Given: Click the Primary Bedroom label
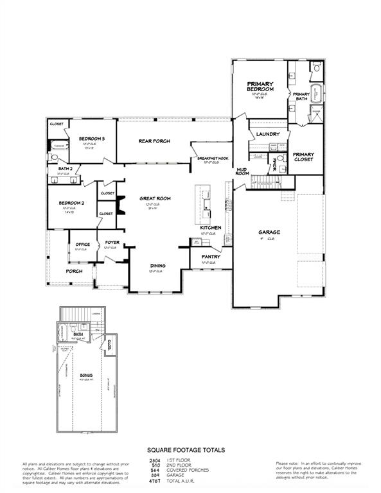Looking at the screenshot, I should pos(261,87).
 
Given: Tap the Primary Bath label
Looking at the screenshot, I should pos(301,97).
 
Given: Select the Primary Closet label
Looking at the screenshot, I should pos(303,157).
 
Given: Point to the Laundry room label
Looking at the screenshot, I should pos(267,134).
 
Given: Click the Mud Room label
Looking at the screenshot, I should pos(242,171).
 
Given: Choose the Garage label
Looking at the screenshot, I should pos(269,232).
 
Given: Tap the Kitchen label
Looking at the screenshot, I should pos(211,228).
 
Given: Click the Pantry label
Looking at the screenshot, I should pos(211,257).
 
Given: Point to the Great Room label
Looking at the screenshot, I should pos(155,199).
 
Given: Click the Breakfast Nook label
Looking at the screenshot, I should pos(213,158).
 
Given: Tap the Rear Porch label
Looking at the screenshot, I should pos(152,141).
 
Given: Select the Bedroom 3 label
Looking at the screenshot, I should pos(92,139).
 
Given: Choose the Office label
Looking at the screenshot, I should pos(82,244).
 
